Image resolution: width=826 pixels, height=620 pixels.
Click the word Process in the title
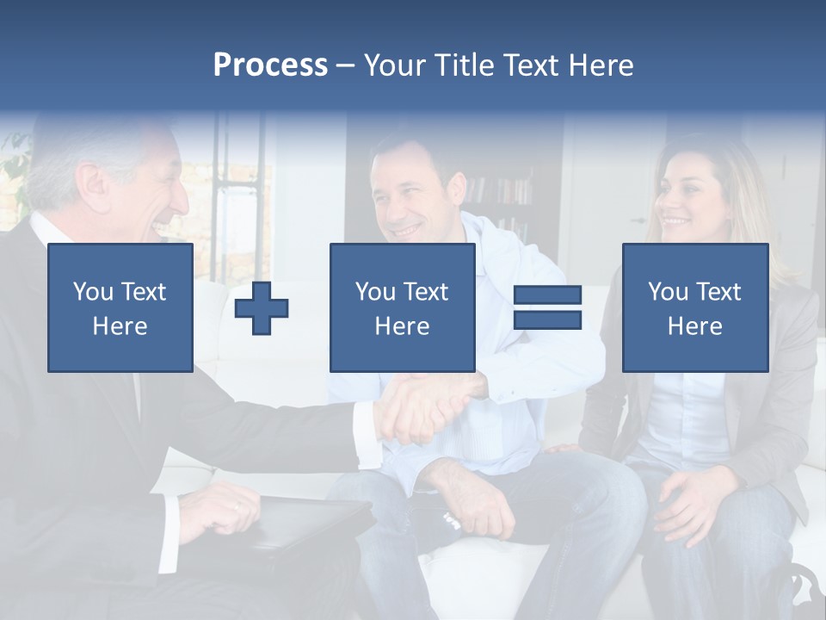270,65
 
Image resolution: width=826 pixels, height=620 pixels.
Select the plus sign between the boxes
262,308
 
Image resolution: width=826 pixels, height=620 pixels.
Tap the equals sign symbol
547,307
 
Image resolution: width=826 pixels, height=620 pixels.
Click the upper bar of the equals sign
547,295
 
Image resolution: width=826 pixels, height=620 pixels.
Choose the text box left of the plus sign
120,307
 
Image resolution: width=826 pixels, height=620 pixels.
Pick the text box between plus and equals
402,307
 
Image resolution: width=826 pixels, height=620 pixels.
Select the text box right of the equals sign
694,307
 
